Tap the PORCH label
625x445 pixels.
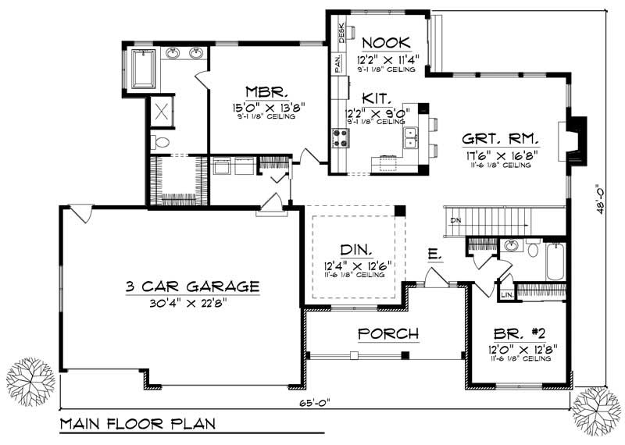387,334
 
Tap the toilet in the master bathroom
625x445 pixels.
159,142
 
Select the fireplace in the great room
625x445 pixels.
577,141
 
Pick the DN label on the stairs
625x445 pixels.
455,222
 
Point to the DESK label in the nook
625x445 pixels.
341,32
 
